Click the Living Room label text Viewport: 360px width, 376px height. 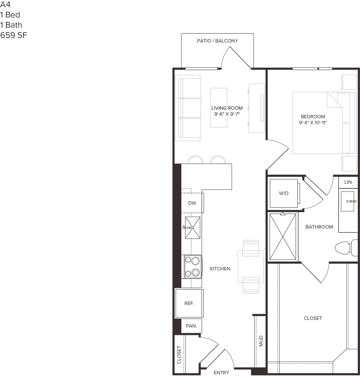tap(227, 108)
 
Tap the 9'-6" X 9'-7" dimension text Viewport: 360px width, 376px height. tap(227, 114)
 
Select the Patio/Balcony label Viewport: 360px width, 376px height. tap(218, 41)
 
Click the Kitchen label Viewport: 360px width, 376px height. tap(220, 269)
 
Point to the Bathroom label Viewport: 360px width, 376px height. tap(319, 227)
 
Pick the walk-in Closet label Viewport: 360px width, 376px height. tap(313, 318)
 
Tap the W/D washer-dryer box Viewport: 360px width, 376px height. tap(283, 193)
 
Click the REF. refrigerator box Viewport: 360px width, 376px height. tap(189, 304)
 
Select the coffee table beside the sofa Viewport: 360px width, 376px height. tap(219, 107)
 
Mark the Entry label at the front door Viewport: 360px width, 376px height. tap(221, 372)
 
